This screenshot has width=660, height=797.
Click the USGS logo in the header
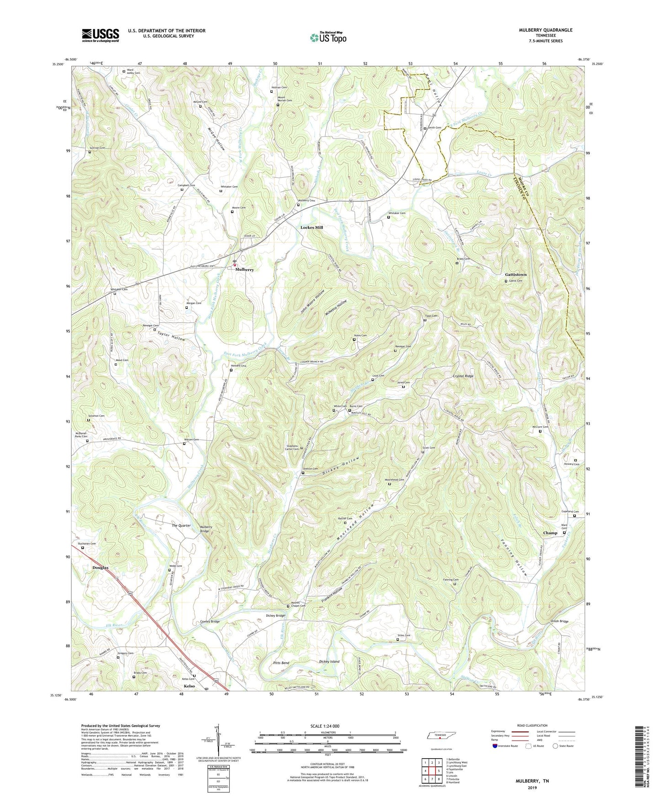point(100,35)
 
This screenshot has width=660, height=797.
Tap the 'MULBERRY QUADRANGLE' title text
point(545,30)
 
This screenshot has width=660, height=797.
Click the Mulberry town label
point(244,270)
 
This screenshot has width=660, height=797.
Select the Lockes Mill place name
point(312,227)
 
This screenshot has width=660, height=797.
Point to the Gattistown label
point(516,274)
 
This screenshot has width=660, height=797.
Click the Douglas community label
point(100,568)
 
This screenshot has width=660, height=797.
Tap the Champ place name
point(550,533)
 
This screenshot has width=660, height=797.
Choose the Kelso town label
point(189,686)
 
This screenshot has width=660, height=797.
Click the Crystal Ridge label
point(463,376)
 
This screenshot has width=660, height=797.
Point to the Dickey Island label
point(329,661)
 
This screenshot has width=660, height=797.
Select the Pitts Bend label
point(281,663)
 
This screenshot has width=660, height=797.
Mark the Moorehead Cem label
point(394,480)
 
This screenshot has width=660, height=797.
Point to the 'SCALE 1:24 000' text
point(327,726)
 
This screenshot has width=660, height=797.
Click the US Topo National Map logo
point(328,37)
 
